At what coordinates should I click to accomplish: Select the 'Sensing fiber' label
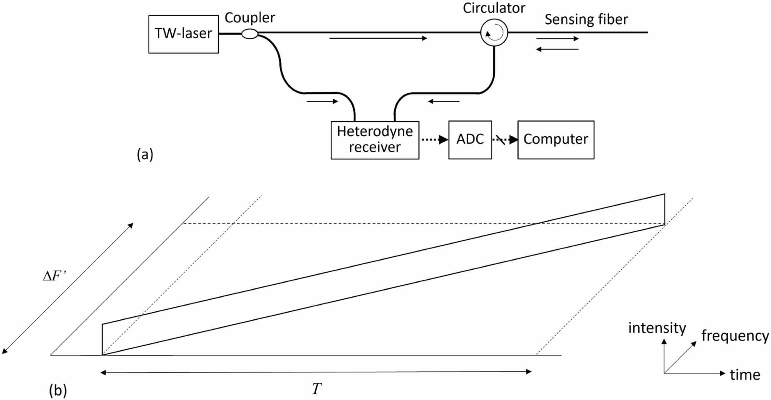tap(586, 20)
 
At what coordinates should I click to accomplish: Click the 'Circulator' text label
tap(494, 8)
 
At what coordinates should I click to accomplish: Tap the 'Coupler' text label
tap(250, 18)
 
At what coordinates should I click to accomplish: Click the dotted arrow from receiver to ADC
tap(434, 140)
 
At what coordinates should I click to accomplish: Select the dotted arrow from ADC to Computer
tap(505, 140)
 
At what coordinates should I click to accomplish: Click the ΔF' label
tap(55, 276)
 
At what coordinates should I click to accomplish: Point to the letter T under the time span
tap(317, 389)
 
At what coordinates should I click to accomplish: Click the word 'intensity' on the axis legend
tap(657, 328)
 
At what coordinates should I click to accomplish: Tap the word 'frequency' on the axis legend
tap(735, 335)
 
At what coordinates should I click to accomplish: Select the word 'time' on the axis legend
tap(745, 375)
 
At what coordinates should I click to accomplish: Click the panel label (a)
tap(145, 154)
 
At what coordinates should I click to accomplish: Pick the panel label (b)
tap(58, 390)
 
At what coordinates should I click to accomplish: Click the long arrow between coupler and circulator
tap(378, 38)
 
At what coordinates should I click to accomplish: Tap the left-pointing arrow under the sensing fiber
tap(557, 49)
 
